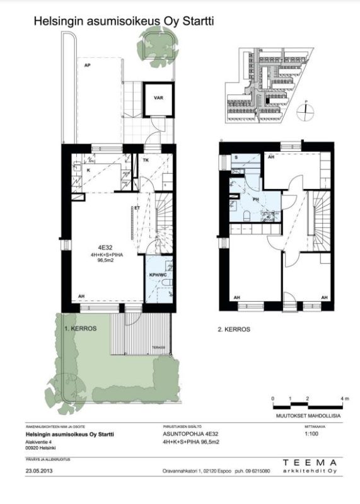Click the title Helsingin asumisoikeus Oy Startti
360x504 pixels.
point(124,21)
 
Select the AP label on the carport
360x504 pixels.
point(83,65)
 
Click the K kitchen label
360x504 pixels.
point(79,170)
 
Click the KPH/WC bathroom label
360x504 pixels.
point(158,275)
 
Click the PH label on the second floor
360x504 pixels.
point(256,200)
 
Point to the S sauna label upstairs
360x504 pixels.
point(236,157)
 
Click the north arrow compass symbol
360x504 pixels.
point(305,108)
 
